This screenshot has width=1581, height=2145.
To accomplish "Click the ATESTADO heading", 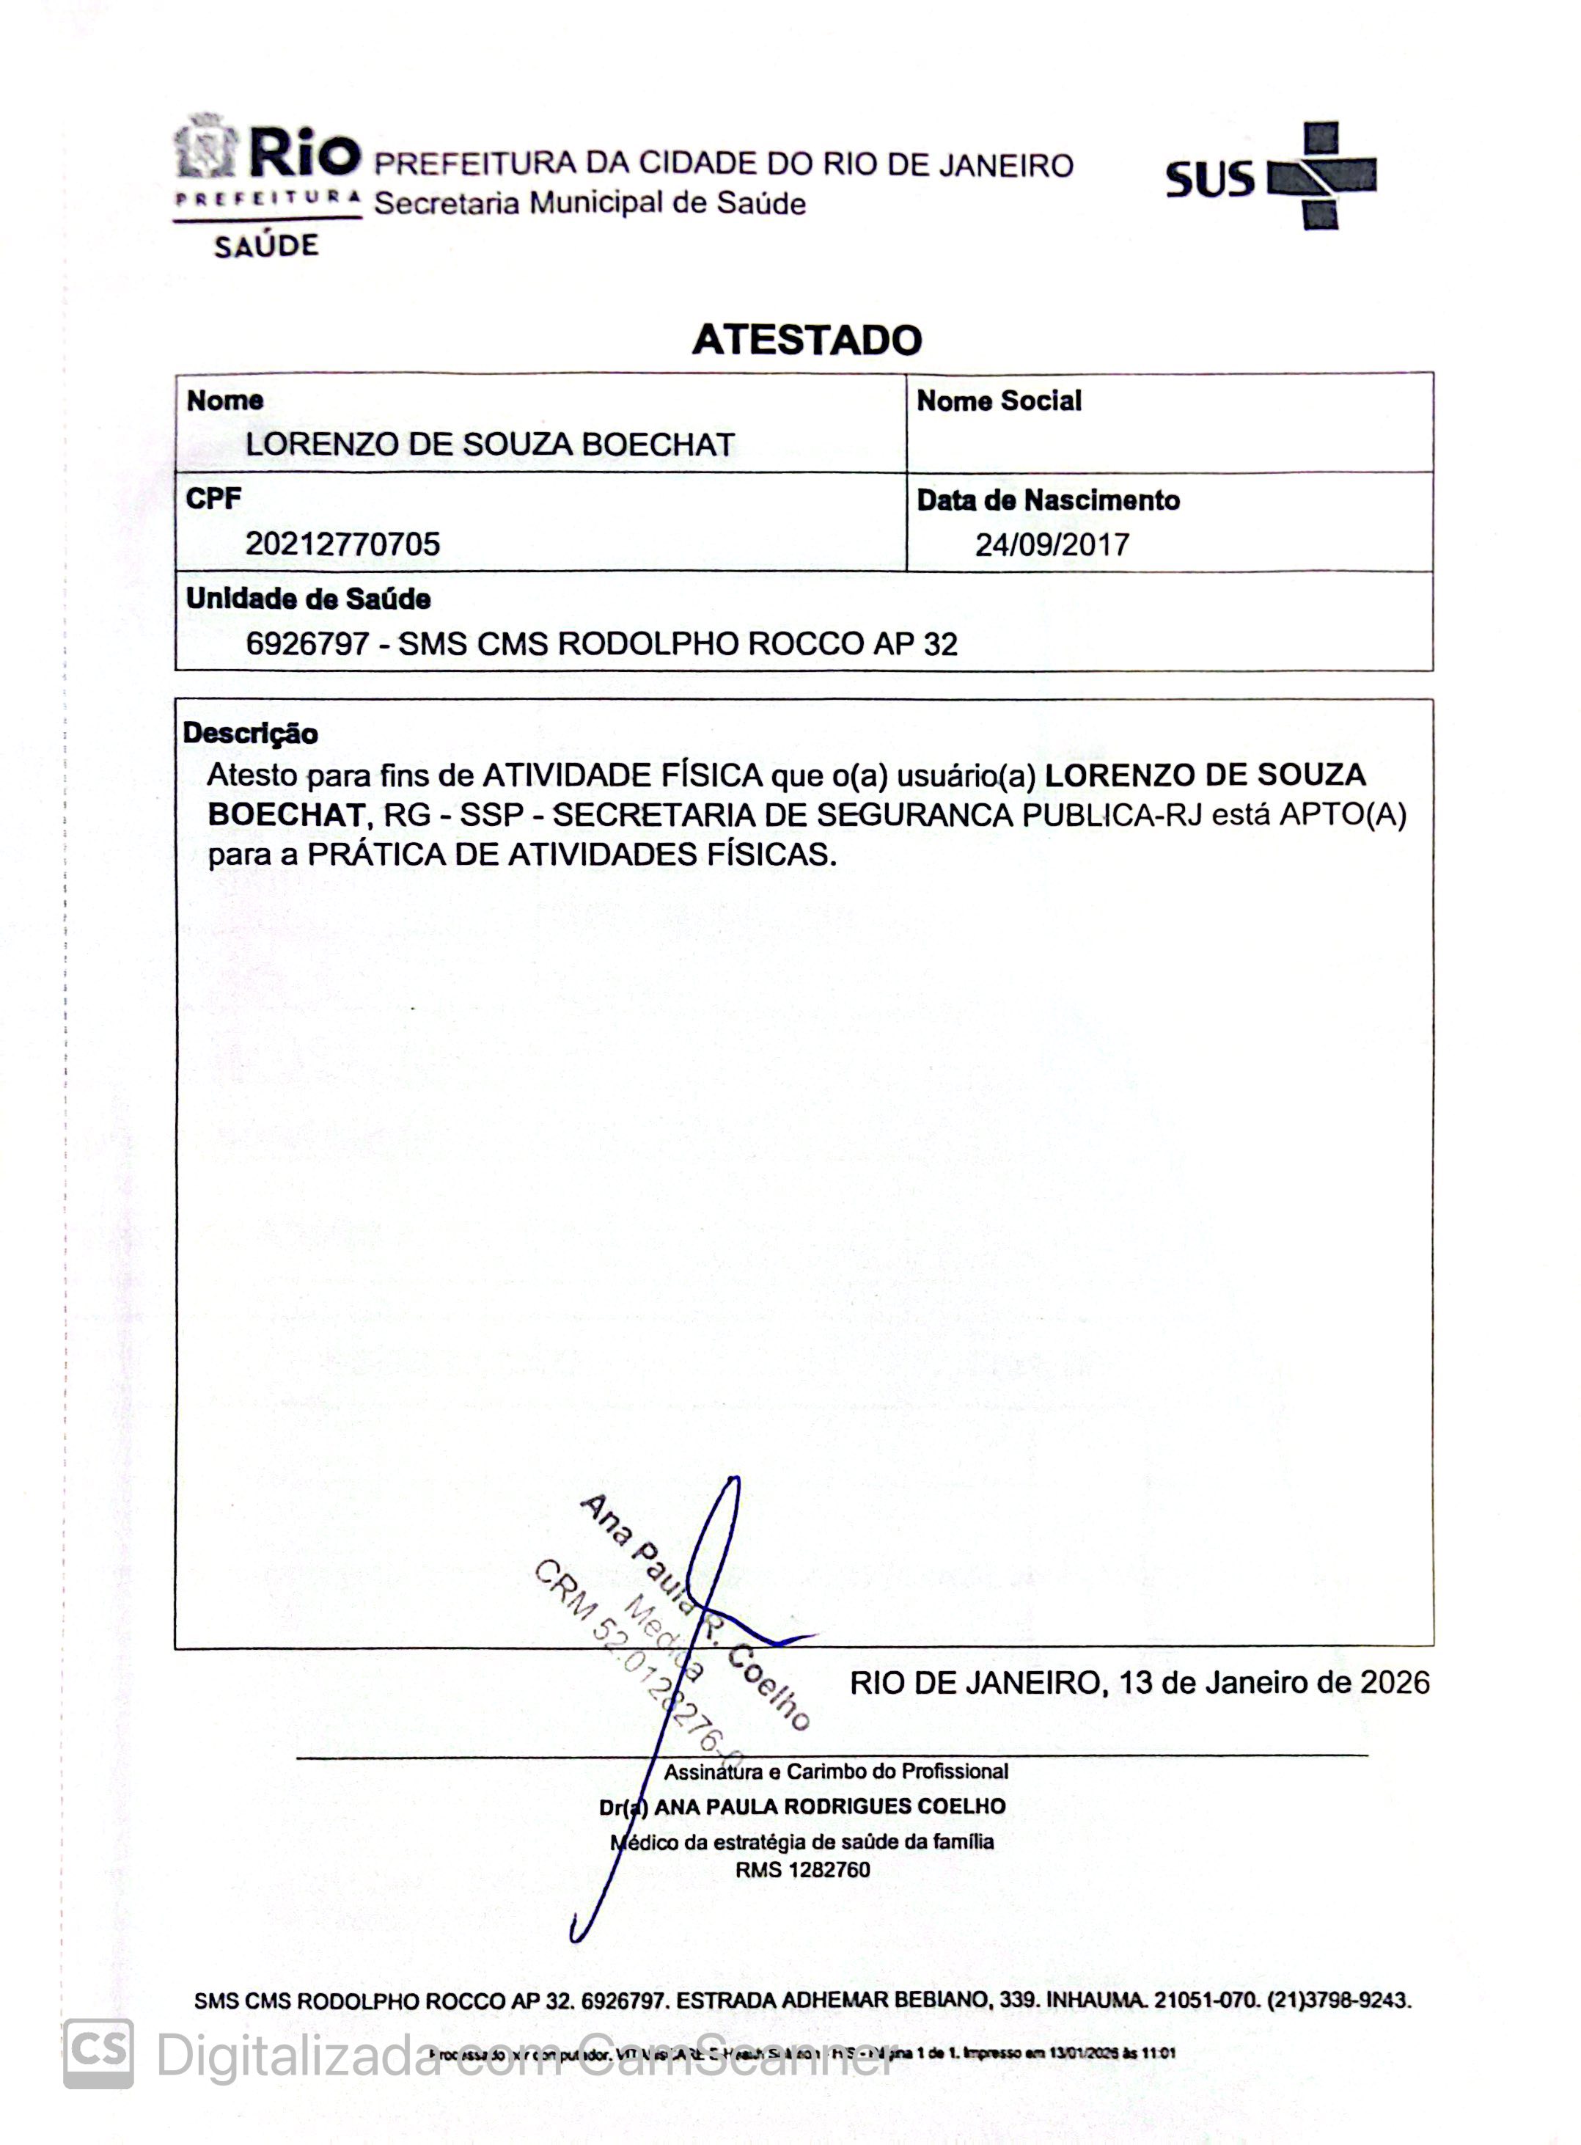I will coord(807,340).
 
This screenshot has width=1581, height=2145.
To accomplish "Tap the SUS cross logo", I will coord(1321,176).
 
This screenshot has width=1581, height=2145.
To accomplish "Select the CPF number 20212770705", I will coord(342,544).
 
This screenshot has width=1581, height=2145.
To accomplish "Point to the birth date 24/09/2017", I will coord(1052,544).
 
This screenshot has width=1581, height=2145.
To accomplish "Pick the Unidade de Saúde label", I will coord(308,599).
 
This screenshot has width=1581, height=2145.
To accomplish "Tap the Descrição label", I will coord(251,734).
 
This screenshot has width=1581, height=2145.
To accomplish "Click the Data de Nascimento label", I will coord(1048,500).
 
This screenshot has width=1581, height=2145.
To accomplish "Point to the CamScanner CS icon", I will coord(98,2053).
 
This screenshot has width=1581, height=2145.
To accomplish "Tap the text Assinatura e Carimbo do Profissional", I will coord(835,1772).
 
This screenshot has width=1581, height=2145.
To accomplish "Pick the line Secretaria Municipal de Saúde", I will coord(590,204).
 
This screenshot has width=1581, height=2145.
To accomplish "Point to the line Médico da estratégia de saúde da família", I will coord(803,1841).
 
